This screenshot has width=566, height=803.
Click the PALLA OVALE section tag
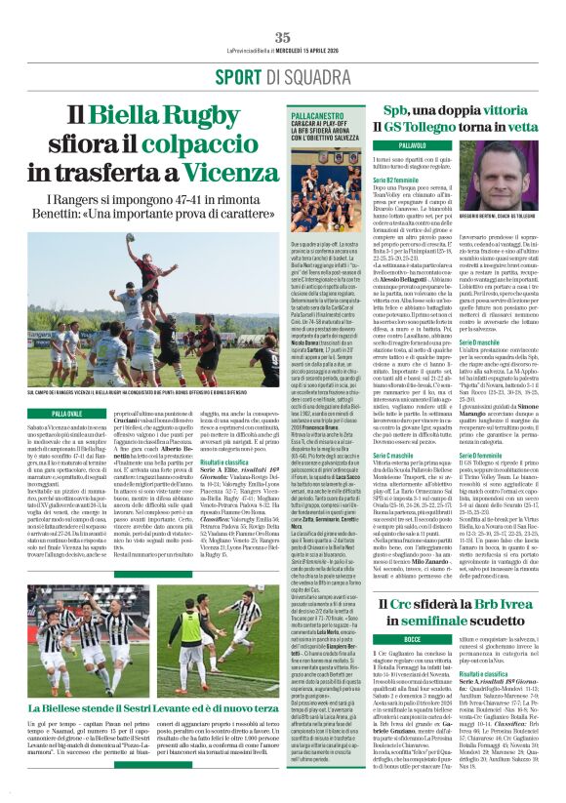coord(67,412)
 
